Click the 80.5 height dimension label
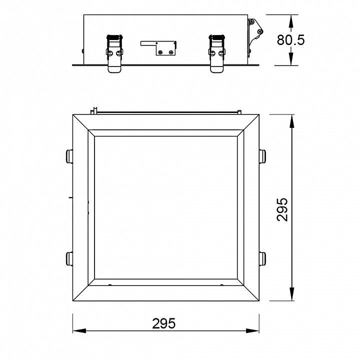click(290, 40)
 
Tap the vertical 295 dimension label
click(282, 209)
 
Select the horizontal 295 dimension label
click(163, 323)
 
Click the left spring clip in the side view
click(114, 53)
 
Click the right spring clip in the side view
click(217, 53)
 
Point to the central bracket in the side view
click(158, 48)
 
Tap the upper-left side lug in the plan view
click(69, 156)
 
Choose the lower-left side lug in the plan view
click(69, 259)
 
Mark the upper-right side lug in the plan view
click(262, 156)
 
